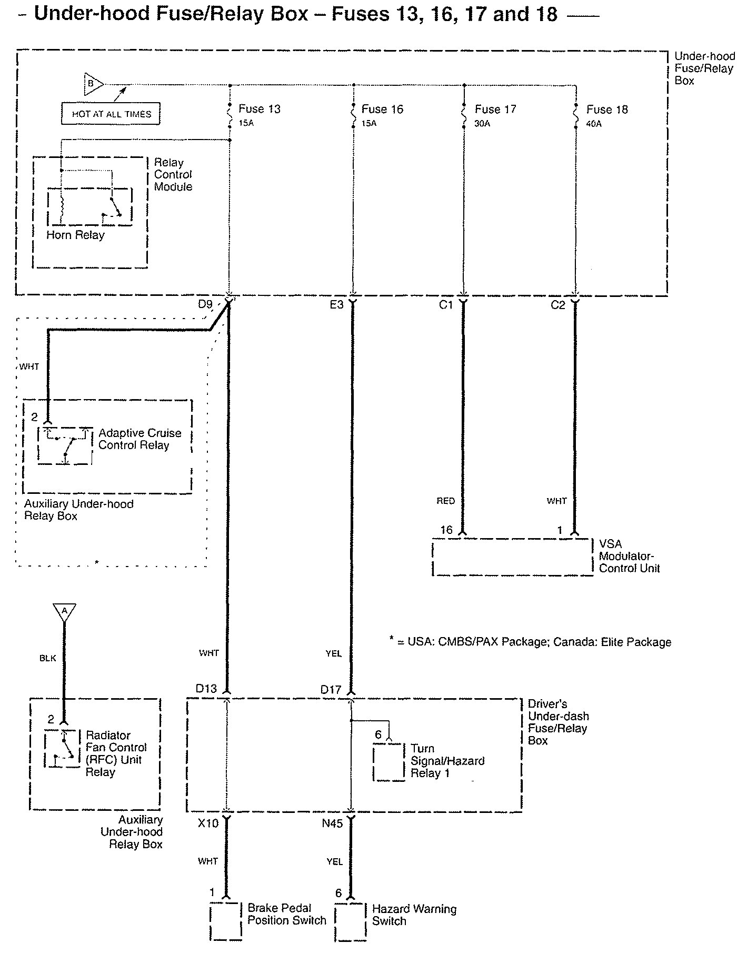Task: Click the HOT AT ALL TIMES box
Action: (111, 114)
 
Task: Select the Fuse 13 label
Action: (260, 109)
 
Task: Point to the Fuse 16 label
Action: (382, 109)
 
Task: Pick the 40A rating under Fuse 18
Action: (594, 124)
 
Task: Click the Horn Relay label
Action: (75, 235)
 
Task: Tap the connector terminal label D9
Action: (205, 304)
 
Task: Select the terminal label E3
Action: (336, 304)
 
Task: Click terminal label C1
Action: (446, 304)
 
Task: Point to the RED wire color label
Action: (445, 501)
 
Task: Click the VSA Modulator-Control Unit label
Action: (629, 556)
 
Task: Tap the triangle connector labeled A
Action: (64, 612)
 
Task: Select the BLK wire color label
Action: (47, 658)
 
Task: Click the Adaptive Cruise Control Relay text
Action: (140, 439)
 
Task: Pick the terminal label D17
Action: (331, 689)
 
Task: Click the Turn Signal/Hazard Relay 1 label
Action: (447, 761)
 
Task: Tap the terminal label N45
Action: (332, 823)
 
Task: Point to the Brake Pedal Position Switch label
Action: (287, 914)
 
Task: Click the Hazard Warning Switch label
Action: (414, 915)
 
